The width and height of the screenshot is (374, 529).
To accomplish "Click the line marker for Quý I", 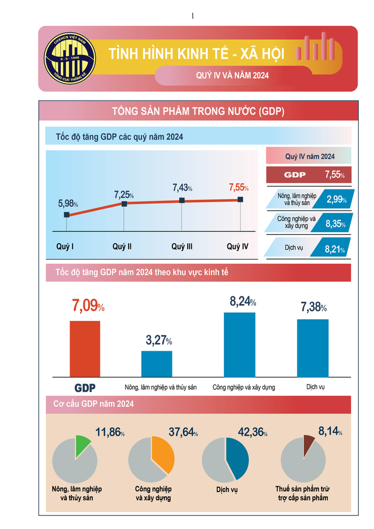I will click(x=67, y=215).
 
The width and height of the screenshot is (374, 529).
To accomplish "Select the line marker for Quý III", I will click(x=182, y=200).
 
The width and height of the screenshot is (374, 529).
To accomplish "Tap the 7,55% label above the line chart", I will click(x=238, y=188).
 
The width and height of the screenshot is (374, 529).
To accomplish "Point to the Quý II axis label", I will click(x=122, y=247).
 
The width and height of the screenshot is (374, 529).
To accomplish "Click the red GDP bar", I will click(x=85, y=348).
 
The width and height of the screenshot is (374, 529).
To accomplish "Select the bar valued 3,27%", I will click(x=157, y=363).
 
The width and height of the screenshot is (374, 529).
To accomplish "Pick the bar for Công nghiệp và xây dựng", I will click(x=240, y=344).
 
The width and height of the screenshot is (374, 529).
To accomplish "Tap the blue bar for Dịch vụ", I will click(x=313, y=347).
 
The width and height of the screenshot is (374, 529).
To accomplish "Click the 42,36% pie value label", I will click(x=252, y=433).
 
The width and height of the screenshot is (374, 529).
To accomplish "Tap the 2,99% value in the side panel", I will click(x=336, y=199).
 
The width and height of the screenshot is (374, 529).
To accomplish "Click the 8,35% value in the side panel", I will click(x=336, y=223).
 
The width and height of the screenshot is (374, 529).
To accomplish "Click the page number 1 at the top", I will click(x=192, y=16).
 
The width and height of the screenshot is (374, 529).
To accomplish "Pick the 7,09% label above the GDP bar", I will click(x=88, y=306).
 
